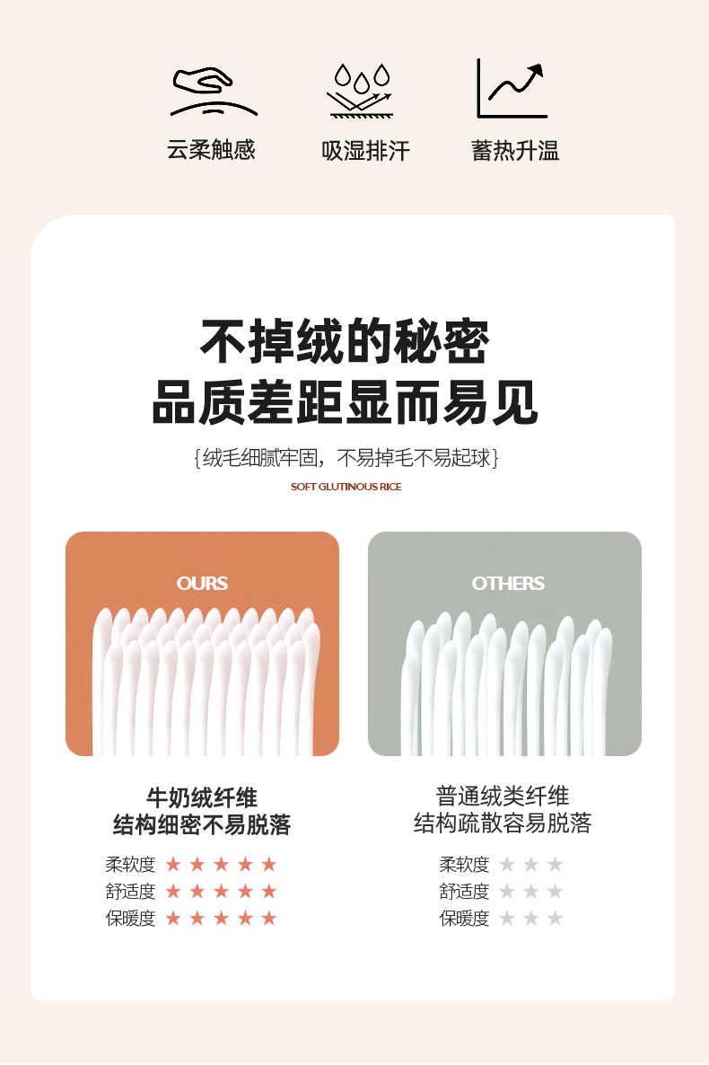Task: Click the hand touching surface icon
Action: point(214,92)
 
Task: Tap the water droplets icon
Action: point(362,91)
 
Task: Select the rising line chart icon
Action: point(512,88)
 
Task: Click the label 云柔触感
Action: point(211,150)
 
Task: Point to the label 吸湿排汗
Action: point(365,151)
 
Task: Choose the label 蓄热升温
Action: point(515,151)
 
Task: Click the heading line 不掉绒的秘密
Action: point(345,341)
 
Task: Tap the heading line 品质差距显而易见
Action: point(345,402)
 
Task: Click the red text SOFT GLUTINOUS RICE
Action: point(346,487)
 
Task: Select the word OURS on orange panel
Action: point(202,584)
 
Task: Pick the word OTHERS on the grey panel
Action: point(508,584)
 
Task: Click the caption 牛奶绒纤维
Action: point(202,797)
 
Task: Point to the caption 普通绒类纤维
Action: point(503,796)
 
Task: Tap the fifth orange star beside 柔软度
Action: point(269,864)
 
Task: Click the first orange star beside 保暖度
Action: point(173,919)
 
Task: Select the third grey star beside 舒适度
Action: point(555,891)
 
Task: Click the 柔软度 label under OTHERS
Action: point(465,865)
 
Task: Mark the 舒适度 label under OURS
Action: point(130,891)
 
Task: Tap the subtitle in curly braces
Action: point(346,459)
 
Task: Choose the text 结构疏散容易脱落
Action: point(503,823)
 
